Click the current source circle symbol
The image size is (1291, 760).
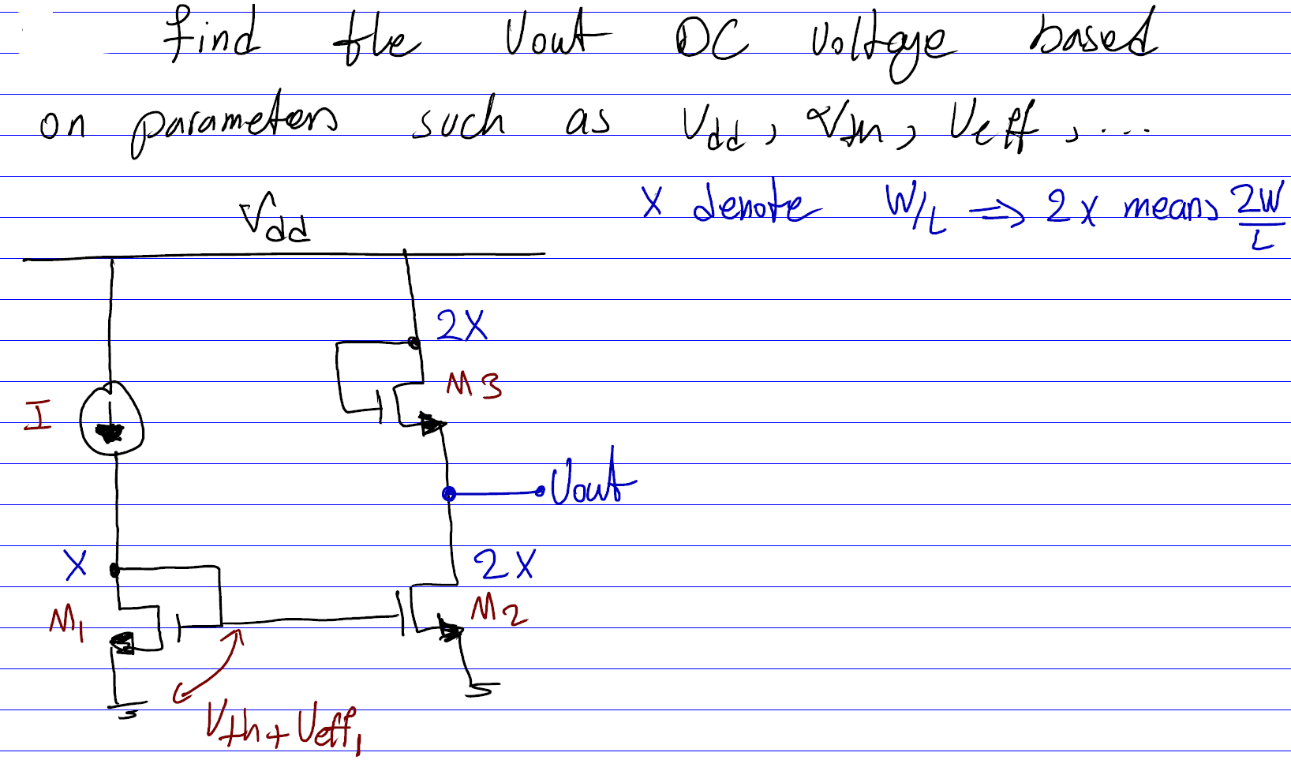111,419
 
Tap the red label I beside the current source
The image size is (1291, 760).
37,415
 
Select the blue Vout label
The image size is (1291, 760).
592,479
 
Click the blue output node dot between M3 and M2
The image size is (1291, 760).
449,494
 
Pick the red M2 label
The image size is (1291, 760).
498,610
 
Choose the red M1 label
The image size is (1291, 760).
66,623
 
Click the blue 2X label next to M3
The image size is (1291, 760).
462,324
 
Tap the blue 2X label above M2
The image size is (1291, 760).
503,565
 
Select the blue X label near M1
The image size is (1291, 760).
76,565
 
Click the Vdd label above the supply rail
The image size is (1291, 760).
275,218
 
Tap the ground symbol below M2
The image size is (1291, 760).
481,689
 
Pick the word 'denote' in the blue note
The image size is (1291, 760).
755,204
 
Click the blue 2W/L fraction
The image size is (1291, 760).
1261,215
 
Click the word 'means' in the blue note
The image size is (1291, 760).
1170,208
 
